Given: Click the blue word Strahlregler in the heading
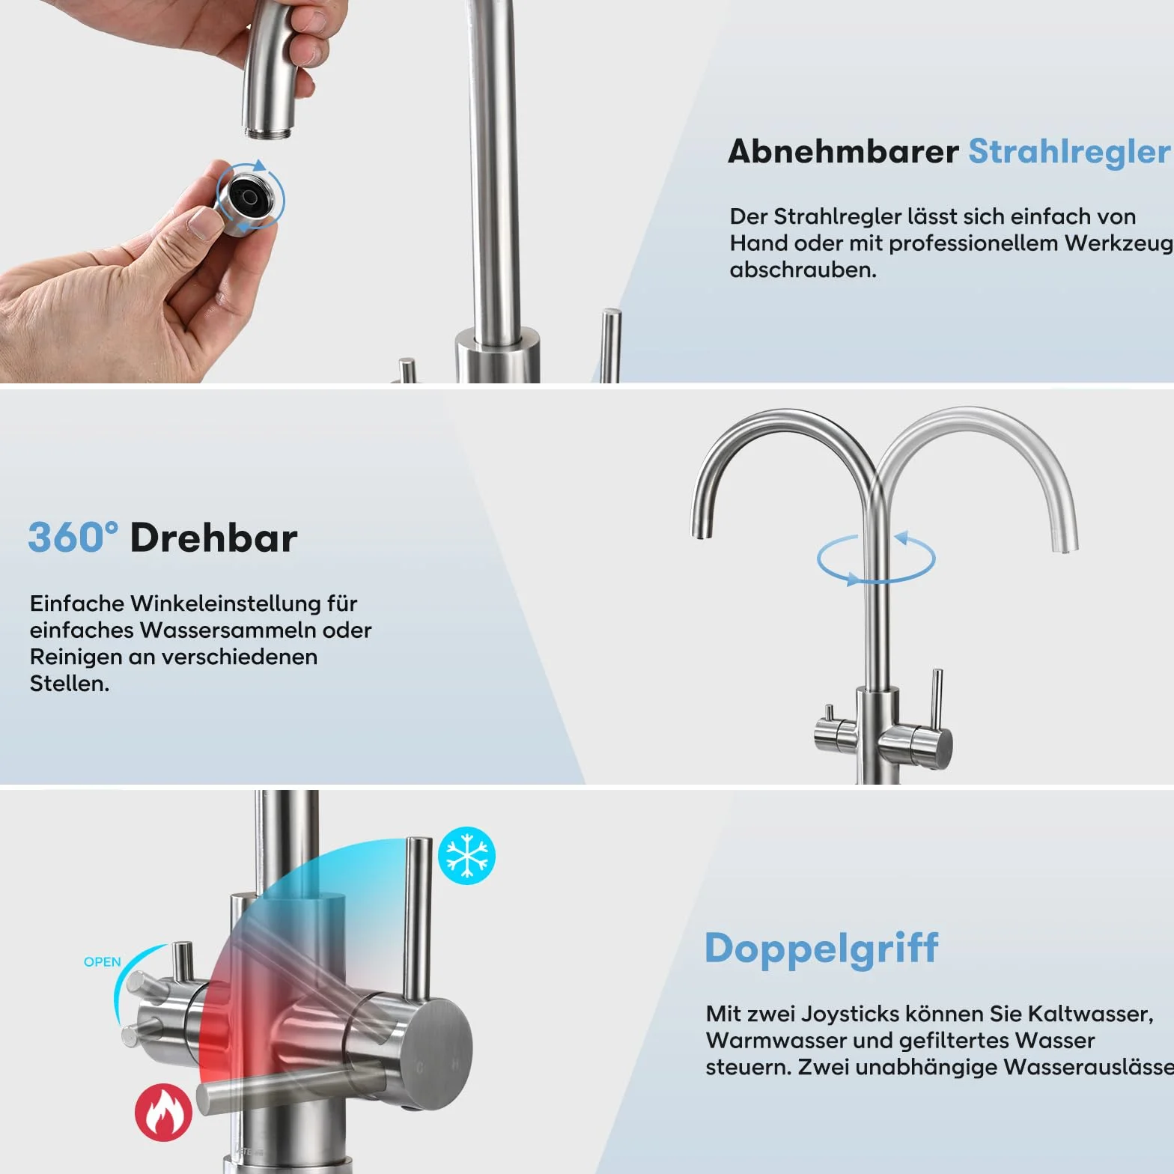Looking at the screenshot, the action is (1069, 151).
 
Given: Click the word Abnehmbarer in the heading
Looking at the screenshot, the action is (843, 151).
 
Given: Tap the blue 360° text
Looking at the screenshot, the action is (73, 538).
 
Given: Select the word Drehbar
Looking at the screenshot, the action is (214, 538).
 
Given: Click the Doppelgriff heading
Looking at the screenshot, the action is (821, 949).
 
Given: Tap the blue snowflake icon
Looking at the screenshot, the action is (466, 856).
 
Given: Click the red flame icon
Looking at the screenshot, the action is (163, 1113).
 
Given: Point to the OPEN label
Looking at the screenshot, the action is (102, 962).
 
